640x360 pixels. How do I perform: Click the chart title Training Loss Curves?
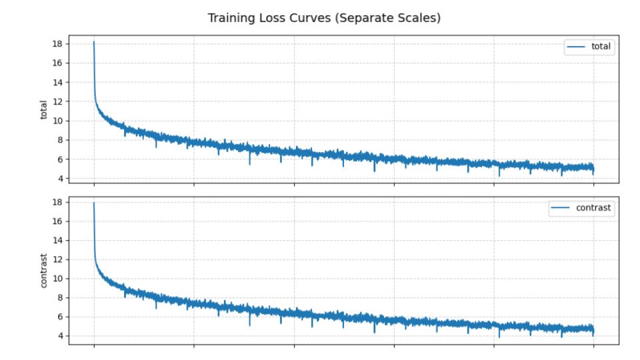click(324, 18)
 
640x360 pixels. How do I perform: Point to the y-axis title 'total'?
click(45, 110)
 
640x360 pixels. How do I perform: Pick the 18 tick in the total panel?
click(57, 44)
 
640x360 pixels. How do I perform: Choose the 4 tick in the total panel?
click(60, 179)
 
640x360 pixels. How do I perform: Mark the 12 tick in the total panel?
click(57, 102)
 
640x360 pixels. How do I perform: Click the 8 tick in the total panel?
click(60, 140)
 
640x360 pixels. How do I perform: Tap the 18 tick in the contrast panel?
click(57, 202)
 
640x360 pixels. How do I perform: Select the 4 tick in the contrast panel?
click(60, 336)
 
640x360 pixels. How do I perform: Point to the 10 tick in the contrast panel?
click(57, 279)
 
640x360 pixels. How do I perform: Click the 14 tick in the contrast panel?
click(57, 240)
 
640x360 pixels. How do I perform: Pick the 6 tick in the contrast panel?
click(60, 317)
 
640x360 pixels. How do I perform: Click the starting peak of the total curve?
click(94, 41)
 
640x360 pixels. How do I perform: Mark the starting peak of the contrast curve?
click(94, 203)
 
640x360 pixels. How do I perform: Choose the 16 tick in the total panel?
click(57, 63)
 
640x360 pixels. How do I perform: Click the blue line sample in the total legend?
click(576, 46)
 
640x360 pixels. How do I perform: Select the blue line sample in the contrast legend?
click(561, 208)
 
